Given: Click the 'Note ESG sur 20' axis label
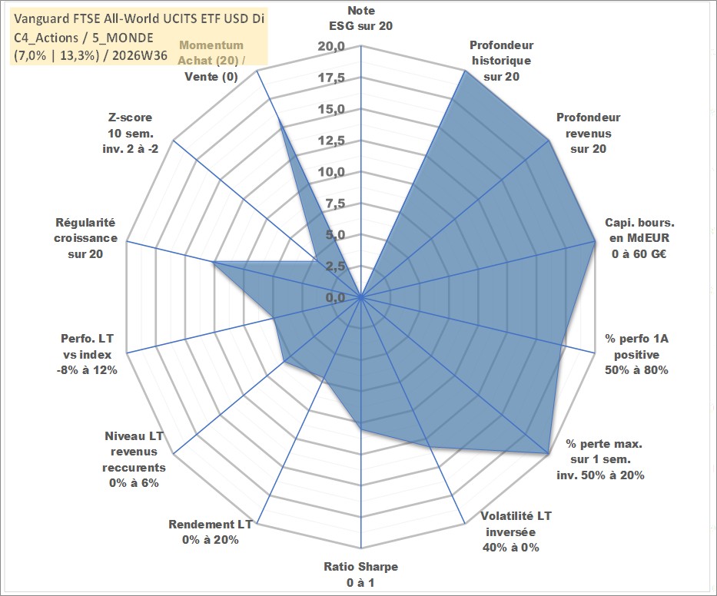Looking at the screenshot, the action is [360, 18].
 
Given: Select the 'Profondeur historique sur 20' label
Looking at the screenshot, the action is [501, 61].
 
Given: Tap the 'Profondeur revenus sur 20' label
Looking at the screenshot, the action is [588, 133].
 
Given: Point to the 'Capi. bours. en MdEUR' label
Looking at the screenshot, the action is [639, 230].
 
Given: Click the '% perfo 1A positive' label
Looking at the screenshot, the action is [636, 346].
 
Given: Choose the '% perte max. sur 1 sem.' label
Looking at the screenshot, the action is [603, 451].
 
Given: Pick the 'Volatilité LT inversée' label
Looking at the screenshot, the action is [516, 524].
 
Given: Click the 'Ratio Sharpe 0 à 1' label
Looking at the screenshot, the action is [360, 574].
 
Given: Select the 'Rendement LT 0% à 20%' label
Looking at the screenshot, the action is [211, 532].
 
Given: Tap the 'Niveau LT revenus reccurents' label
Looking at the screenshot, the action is [134, 452].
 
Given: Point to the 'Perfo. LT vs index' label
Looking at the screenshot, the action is [87, 346].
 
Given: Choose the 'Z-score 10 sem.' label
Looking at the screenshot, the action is [131, 125].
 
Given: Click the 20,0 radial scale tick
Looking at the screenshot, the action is [331, 47].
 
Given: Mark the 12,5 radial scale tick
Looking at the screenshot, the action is [331, 141].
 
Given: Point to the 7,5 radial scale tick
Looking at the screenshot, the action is [335, 204].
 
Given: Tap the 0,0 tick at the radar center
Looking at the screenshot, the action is [335, 297].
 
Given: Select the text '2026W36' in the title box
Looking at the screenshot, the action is [139, 55].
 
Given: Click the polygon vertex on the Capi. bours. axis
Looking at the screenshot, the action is [595, 241].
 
